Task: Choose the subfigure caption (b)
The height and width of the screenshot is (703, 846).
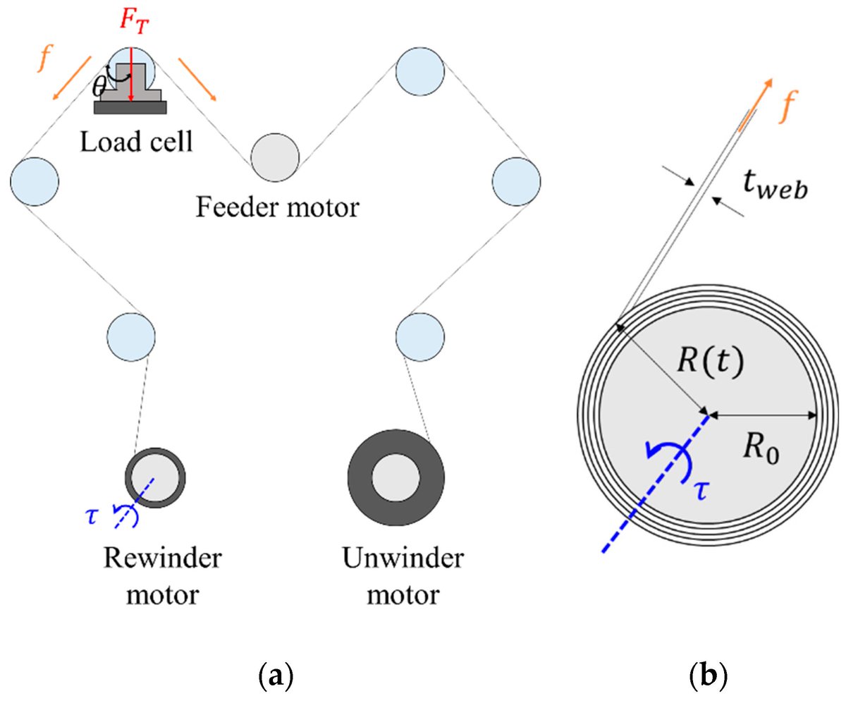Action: [706, 677]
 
